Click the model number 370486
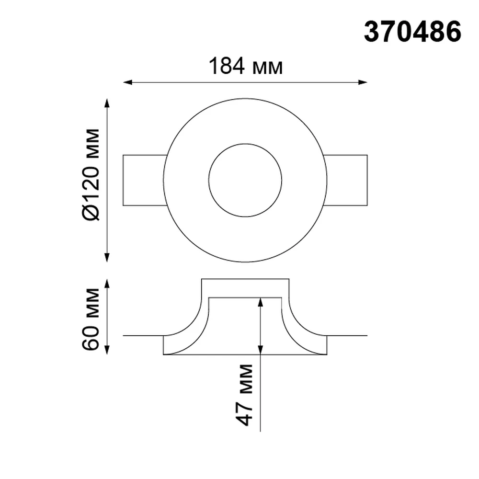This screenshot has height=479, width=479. (x=412, y=32)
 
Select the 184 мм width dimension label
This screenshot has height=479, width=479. (x=246, y=66)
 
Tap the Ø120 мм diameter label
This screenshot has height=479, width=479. (x=91, y=174)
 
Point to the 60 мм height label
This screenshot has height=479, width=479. (x=91, y=319)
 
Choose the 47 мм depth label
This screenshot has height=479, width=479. (x=245, y=395)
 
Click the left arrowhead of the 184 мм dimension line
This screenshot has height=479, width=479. (x=127, y=82)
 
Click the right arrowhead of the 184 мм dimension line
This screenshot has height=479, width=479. (x=363, y=82)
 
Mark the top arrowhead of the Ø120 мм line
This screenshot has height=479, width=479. (x=107, y=103)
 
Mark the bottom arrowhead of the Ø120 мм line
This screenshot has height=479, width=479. (x=107, y=258)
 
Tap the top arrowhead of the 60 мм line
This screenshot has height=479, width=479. (x=107, y=284)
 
